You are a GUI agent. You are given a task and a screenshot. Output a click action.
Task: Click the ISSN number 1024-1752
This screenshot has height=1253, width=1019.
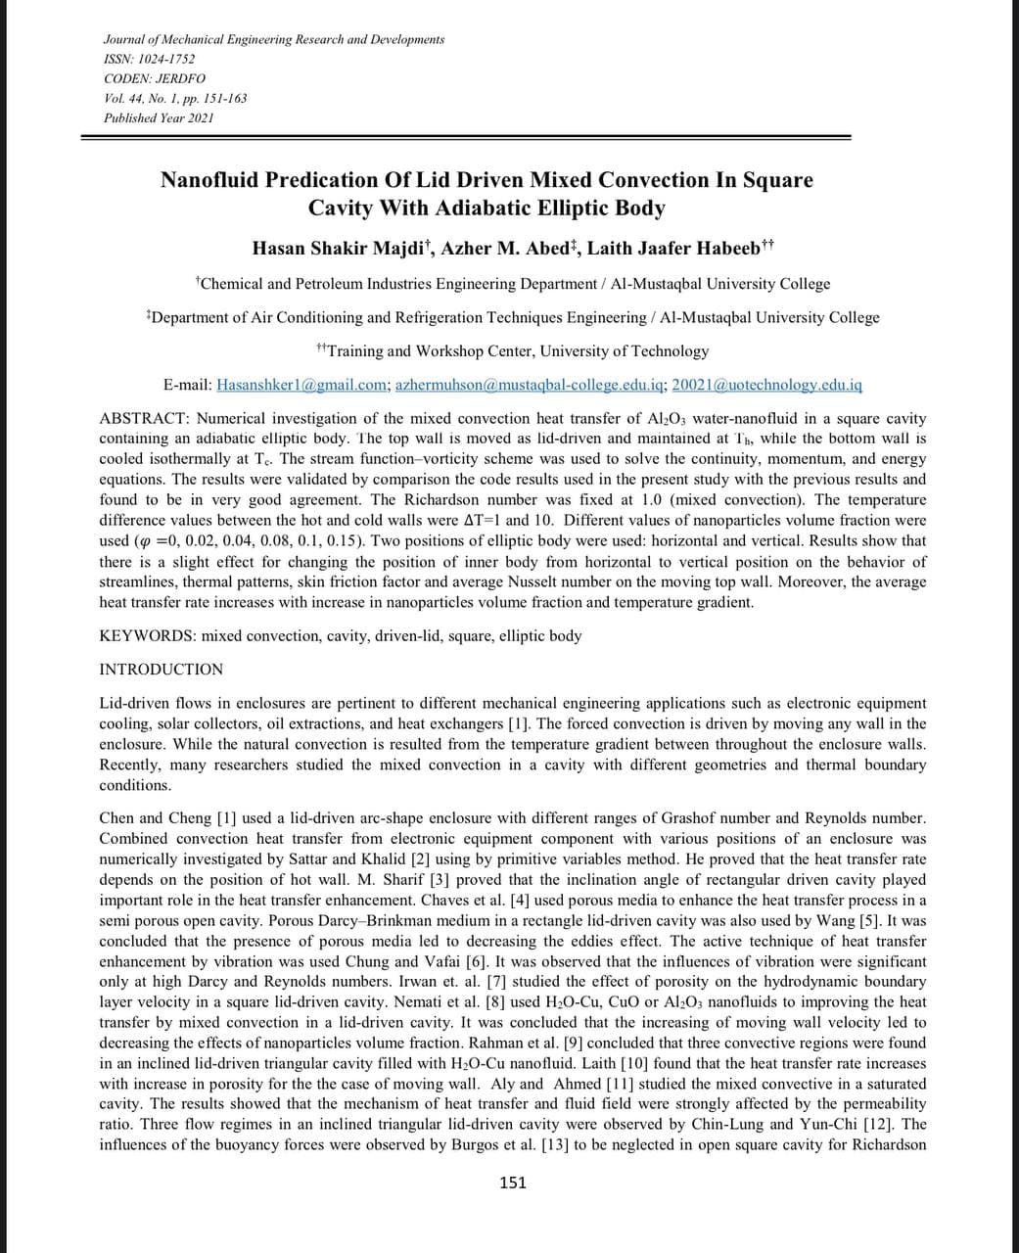click(x=167, y=59)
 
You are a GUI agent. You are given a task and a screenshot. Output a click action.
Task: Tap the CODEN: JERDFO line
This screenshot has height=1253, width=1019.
click(x=155, y=78)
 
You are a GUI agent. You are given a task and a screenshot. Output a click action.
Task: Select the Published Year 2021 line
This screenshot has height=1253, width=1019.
click(x=159, y=117)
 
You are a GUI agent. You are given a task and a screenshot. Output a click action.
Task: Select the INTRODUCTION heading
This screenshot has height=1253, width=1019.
click(x=162, y=670)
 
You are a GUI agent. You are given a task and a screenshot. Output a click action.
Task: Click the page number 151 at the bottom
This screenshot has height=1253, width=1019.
click(x=513, y=1183)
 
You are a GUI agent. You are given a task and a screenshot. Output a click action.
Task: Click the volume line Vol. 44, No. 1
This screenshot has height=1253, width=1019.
click(x=175, y=98)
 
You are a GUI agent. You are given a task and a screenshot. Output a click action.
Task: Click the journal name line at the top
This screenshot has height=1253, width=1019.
click(x=274, y=39)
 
